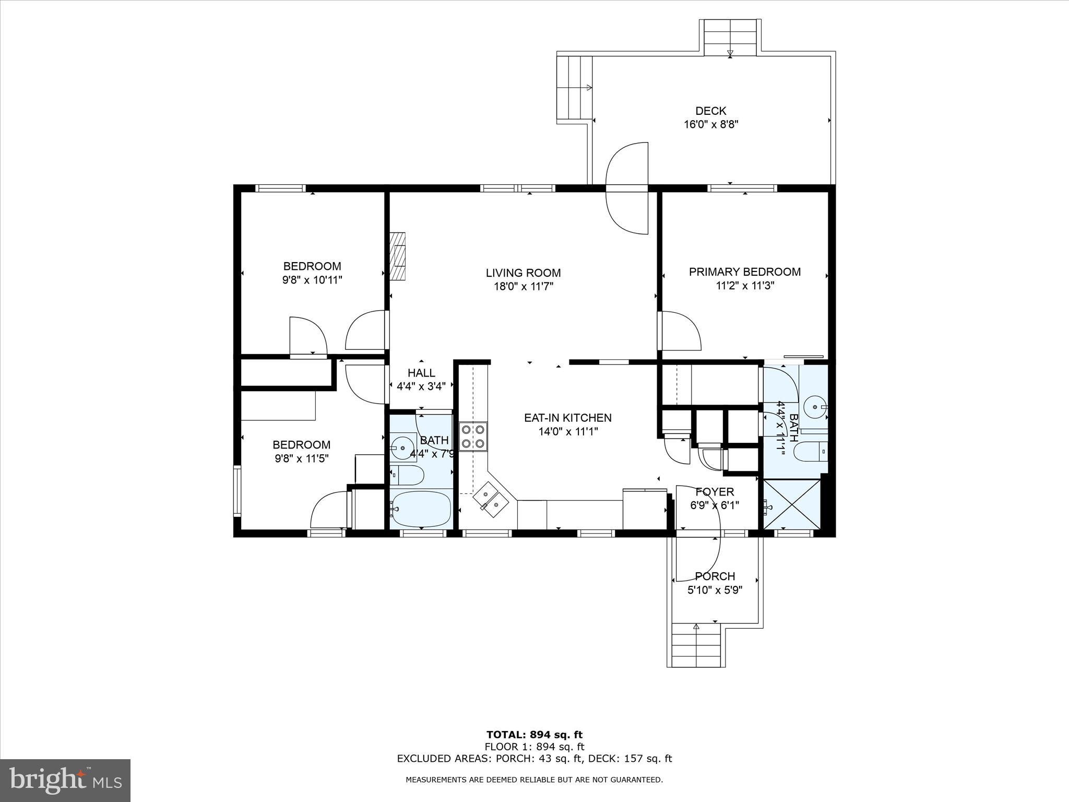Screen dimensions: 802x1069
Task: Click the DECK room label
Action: pos(710,111)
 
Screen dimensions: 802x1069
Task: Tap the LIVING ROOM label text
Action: pos(523,273)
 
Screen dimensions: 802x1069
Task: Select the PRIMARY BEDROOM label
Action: pos(744,272)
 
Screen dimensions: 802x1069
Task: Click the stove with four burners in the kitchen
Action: pos(473,437)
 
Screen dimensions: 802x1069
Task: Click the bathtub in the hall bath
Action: pos(421,509)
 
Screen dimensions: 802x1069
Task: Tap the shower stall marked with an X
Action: pos(791,504)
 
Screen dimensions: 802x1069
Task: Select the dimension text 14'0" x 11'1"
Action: pos(568,432)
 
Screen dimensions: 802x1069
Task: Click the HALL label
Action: pos(421,373)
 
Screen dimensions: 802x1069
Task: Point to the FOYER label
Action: pos(715,492)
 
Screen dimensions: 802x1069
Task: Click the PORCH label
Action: pos(715,576)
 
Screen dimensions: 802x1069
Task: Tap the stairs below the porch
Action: pos(696,645)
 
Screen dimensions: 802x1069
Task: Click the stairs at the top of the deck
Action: pos(730,37)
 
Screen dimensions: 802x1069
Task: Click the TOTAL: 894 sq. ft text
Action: pos(534,735)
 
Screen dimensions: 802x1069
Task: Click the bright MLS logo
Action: pos(65,780)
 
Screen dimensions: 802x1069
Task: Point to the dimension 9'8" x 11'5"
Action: pos(301,458)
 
